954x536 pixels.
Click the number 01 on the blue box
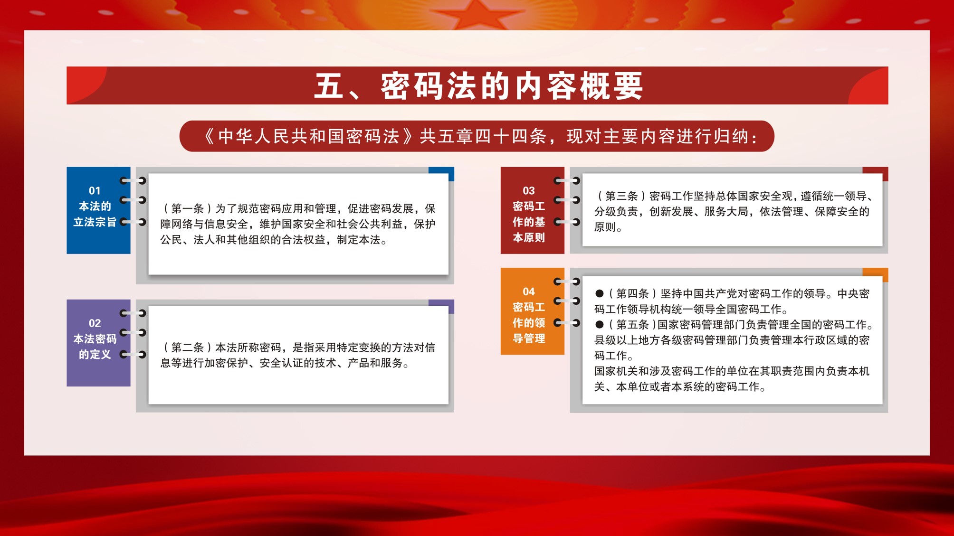95,191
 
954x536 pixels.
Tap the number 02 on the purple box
95,323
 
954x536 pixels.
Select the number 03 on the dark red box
529,191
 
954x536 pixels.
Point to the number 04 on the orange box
529,292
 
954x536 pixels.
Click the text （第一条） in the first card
187,208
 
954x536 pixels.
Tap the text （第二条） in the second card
187,348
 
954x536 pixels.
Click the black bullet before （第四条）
600,294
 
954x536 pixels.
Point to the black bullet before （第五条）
600,325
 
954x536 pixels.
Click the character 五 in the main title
330,86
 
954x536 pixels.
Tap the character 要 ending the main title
629,86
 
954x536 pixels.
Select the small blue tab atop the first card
441,174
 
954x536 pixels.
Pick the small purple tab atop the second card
441,306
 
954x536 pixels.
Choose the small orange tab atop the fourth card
875,275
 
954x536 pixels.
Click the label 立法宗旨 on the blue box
95,222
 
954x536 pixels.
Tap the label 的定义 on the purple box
95,355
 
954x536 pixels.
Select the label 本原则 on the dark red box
529,238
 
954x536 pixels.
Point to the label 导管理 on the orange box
529,339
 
